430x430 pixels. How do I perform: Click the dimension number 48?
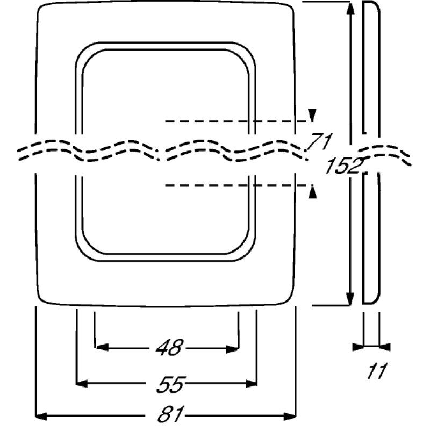pos(169,348)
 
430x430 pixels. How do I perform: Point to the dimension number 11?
pos(378,370)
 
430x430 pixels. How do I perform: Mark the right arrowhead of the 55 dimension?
pos(251,383)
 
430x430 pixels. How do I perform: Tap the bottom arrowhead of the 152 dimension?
pos(351,298)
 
